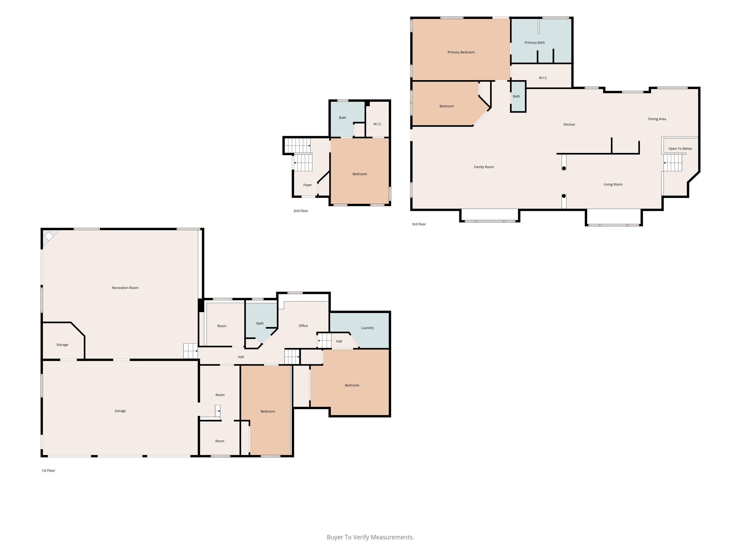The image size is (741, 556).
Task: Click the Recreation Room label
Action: click(125, 288)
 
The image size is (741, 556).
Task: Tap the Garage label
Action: click(120, 411)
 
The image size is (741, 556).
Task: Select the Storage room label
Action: click(62, 345)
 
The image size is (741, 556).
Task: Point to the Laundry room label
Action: click(368, 328)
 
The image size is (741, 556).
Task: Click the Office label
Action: click(303, 326)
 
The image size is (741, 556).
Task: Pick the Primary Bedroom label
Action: click(461, 52)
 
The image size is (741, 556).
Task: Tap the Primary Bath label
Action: click(535, 42)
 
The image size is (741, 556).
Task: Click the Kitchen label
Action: click(569, 125)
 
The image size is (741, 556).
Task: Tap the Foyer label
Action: click(308, 185)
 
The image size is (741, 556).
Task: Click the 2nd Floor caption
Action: click(301, 211)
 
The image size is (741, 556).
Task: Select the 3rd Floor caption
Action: click(419, 224)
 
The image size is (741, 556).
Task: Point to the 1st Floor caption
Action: click(48, 471)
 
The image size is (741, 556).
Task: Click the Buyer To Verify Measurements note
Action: click(370, 537)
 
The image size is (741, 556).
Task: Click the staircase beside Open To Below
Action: click(673, 163)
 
